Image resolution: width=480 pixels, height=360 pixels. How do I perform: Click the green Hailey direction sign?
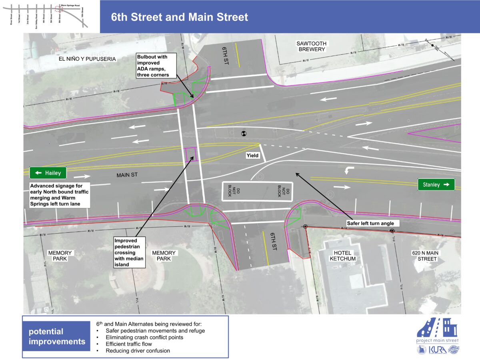(48, 173)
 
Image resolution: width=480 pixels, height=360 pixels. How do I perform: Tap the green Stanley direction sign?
(436, 184)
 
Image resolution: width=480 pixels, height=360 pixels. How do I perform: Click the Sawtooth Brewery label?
(311, 46)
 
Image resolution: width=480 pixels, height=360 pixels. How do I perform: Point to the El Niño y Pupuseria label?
(87, 59)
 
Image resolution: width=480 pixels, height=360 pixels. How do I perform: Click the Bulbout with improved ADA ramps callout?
(152, 66)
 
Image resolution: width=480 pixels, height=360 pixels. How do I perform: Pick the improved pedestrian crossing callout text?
(129, 253)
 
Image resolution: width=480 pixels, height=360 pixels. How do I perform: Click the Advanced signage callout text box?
(60, 195)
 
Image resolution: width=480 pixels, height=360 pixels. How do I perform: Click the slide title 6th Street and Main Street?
(180, 17)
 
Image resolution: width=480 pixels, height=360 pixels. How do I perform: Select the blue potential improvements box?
(57, 336)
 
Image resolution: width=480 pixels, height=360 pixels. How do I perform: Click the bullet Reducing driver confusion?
(138, 351)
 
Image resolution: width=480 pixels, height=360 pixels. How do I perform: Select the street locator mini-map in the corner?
(49, 16)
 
